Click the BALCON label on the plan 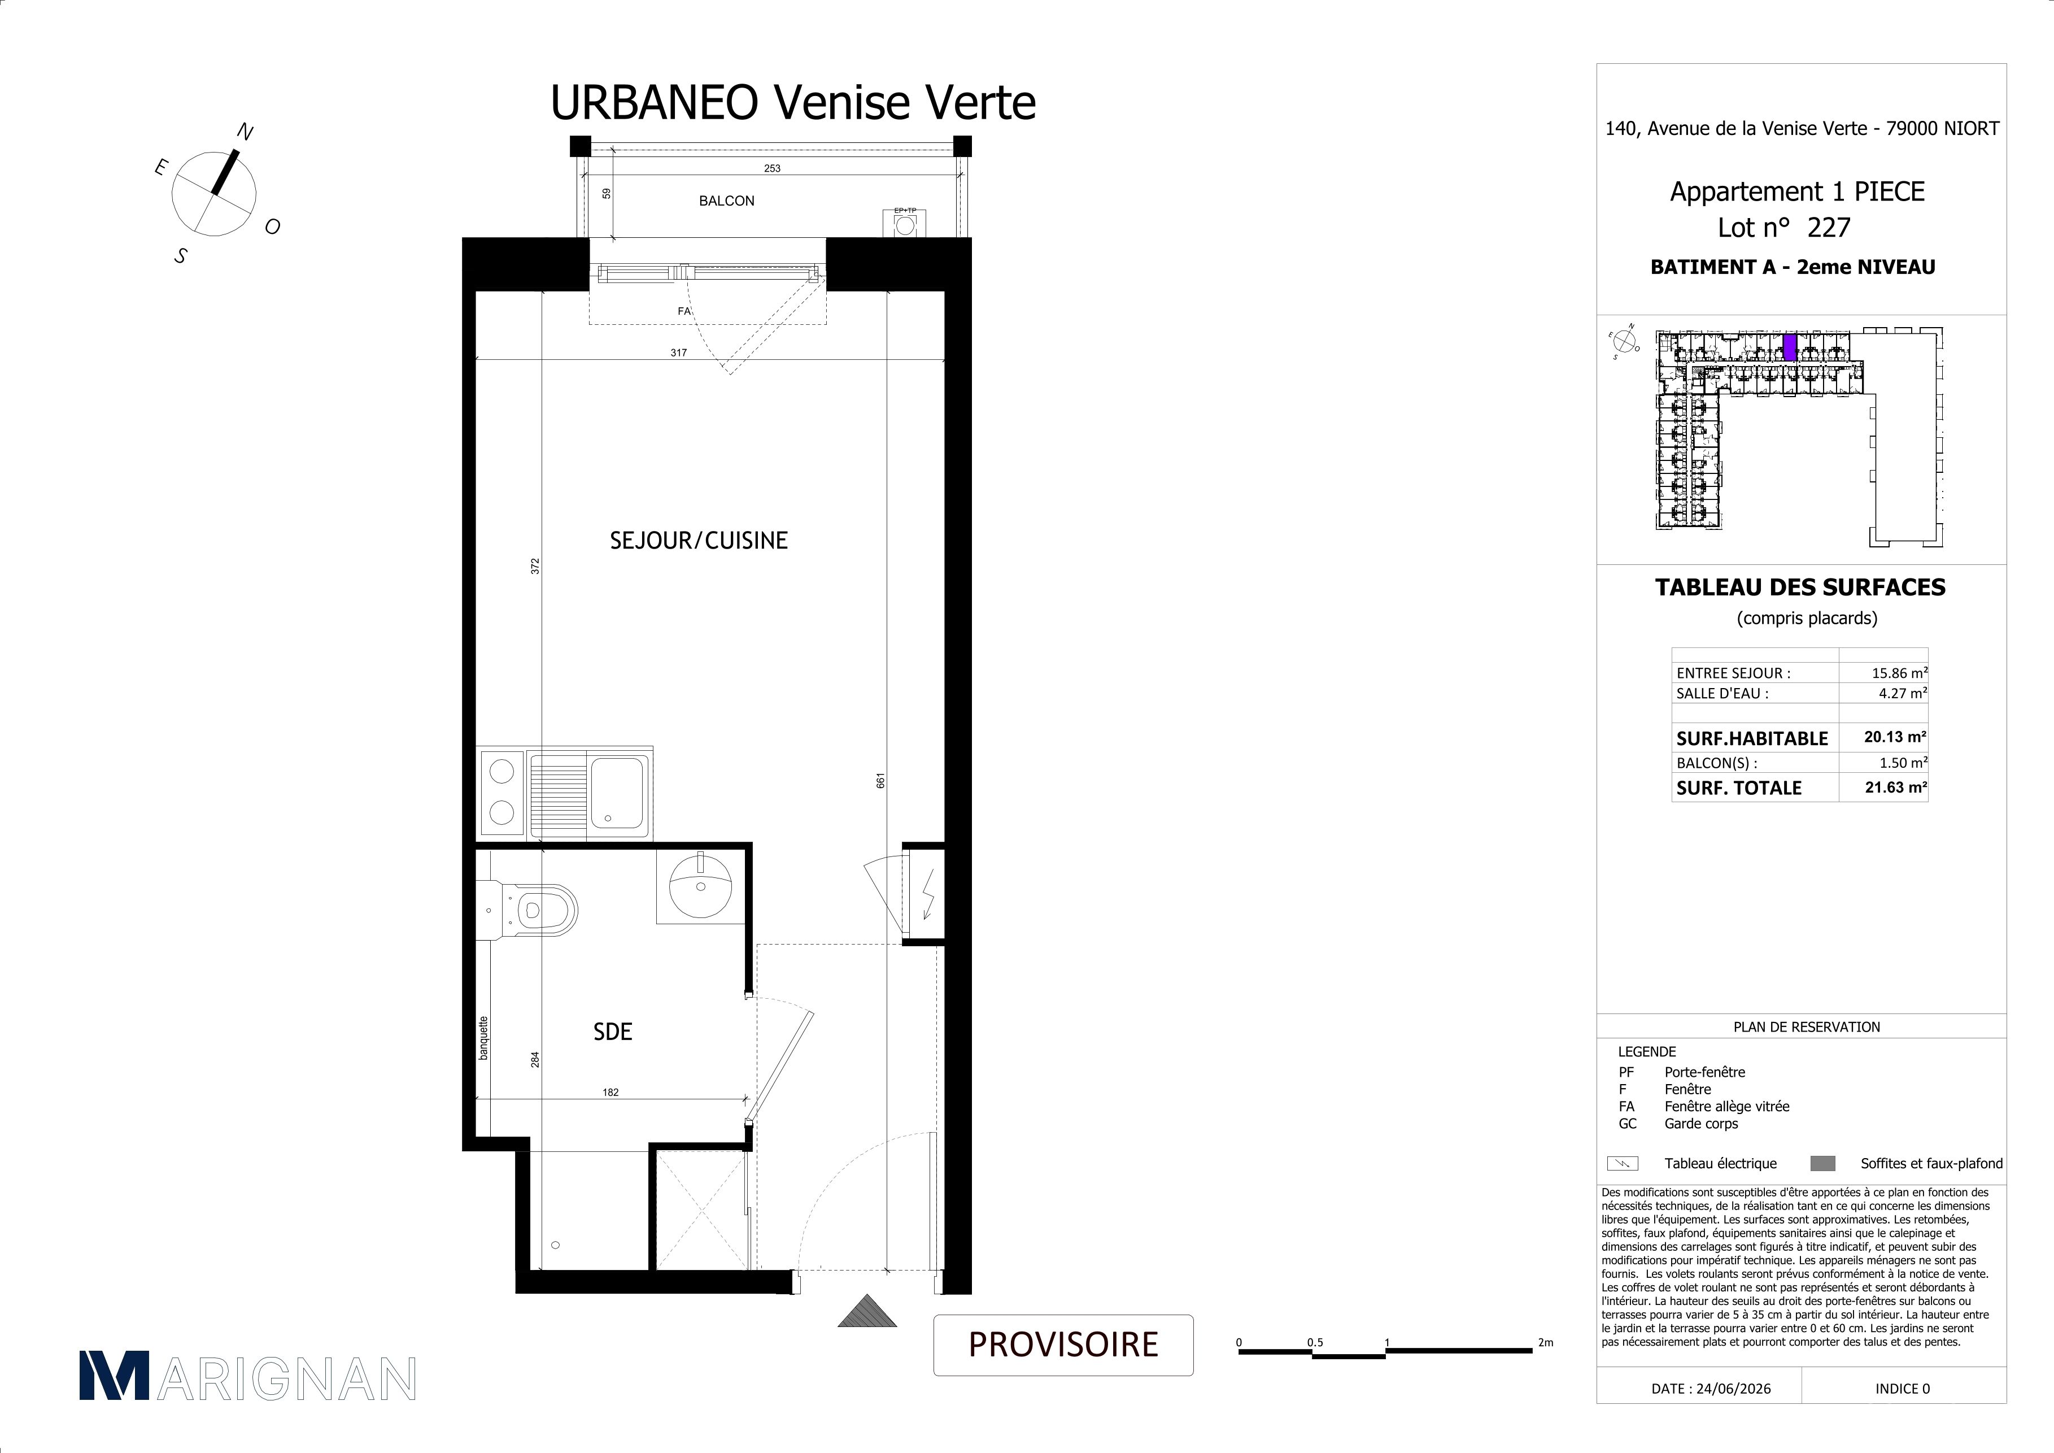[726, 201]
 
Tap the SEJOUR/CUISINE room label [699, 541]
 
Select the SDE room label [613, 1032]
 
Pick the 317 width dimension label [679, 353]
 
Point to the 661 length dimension [880, 780]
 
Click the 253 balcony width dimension [772, 168]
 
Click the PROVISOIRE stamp [1063, 1344]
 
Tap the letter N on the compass [244, 132]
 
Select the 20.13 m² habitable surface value [1895, 737]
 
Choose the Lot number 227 [1829, 228]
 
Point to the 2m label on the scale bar [1546, 1343]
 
